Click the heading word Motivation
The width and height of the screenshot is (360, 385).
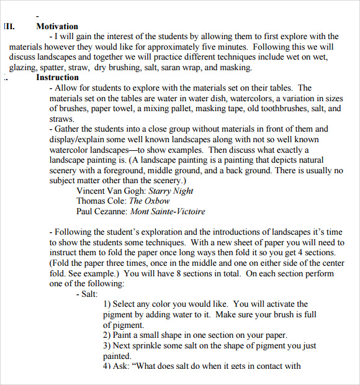[x=57, y=27]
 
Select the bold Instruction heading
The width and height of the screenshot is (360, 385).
[x=57, y=78]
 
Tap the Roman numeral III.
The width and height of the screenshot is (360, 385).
[x=9, y=27]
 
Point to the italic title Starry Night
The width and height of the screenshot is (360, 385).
[x=172, y=191]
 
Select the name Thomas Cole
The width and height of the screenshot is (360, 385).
[x=101, y=201]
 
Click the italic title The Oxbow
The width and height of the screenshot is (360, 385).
[x=149, y=201]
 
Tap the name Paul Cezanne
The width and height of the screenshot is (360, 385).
[x=102, y=211]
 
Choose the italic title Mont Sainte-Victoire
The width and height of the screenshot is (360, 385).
[x=168, y=211]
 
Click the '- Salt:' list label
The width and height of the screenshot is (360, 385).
[x=86, y=294]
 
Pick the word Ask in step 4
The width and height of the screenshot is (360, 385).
[x=122, y=366]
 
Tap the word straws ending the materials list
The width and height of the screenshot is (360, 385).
[x=61, y=119]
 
